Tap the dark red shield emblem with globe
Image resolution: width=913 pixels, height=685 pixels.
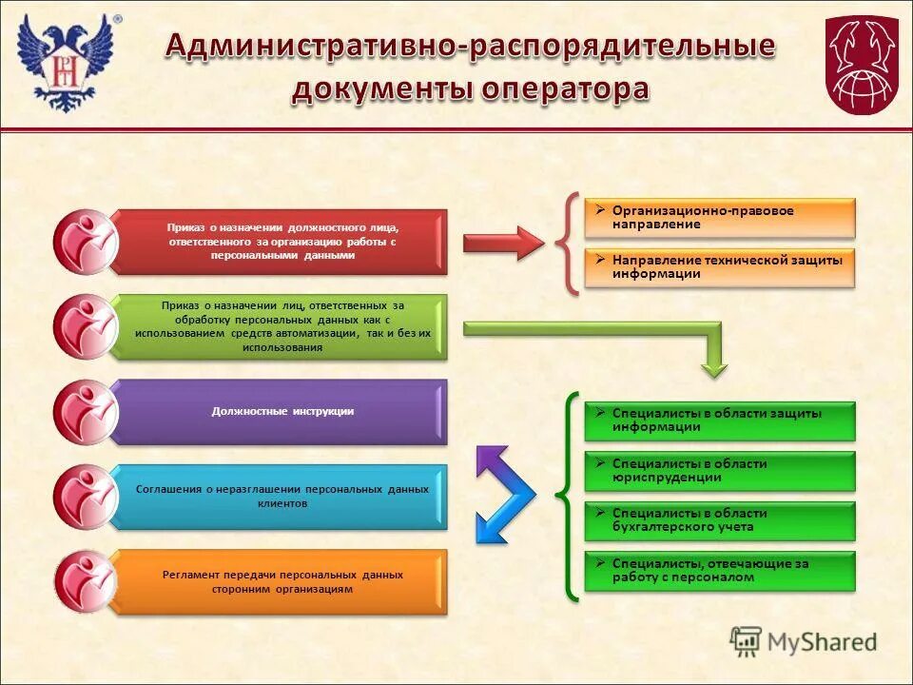point(861,65)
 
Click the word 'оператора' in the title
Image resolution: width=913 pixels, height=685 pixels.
point(565,90)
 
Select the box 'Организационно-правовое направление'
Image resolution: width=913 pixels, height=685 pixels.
point(720,218)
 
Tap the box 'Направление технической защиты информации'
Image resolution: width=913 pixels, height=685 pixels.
point(720,267)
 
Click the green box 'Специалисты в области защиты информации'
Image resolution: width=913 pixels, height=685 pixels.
point(720,421)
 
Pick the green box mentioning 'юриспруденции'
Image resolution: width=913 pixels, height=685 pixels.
point(720,470)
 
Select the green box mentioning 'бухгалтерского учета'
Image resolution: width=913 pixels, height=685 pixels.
point(720,520)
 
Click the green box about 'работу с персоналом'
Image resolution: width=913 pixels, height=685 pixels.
point(720,571)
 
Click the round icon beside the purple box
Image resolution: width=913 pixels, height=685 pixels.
point(85,412)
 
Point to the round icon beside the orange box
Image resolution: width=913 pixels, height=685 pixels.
point(85,581)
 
